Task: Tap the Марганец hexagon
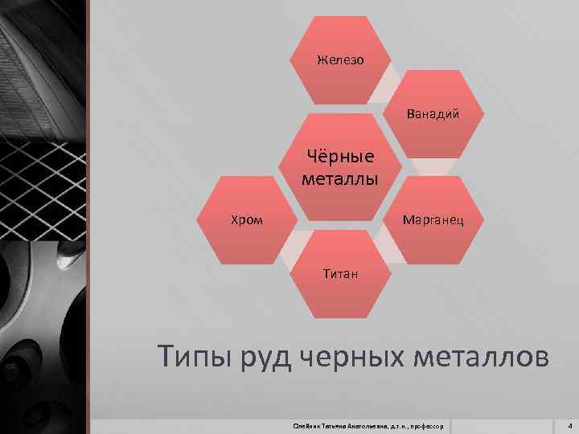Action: pos(432,219)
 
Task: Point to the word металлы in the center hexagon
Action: pos(340,177)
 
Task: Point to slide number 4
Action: pos(569,424)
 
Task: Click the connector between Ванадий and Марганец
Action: pos(433,166)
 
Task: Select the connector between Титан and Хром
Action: pos(290,248)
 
